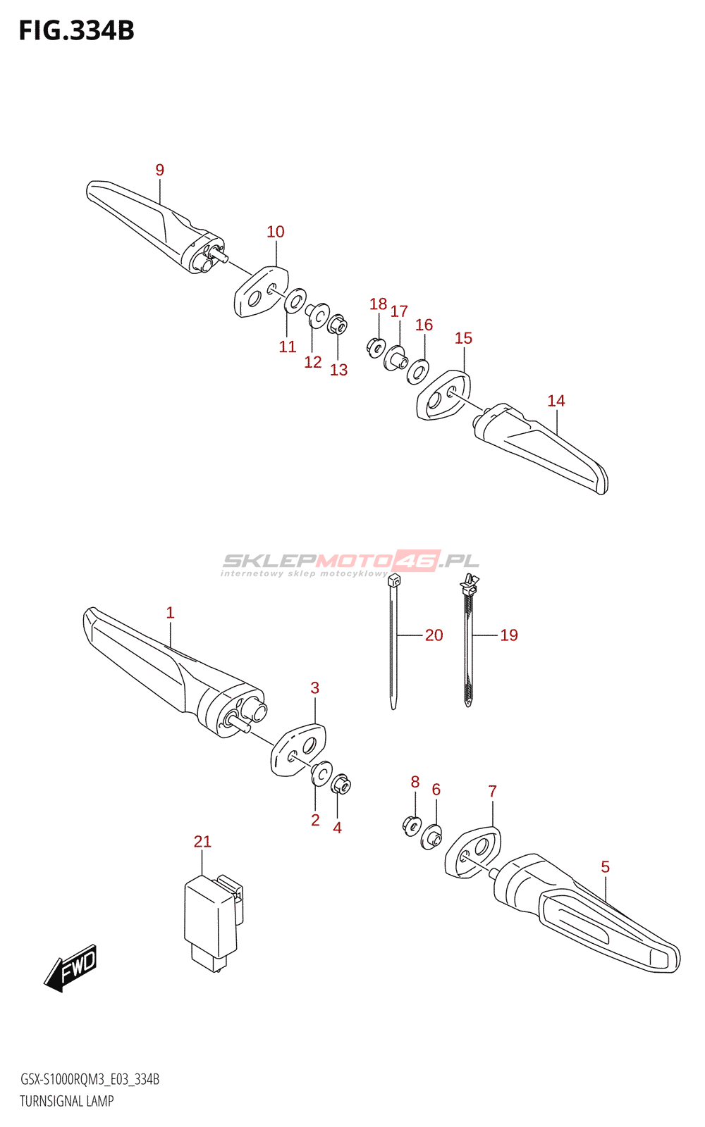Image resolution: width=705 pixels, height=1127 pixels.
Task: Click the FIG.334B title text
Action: [x=76, y=31]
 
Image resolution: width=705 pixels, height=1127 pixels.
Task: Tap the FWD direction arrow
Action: [x=71, y=967]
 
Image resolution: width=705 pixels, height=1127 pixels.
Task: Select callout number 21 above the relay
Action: [x=202, y=841]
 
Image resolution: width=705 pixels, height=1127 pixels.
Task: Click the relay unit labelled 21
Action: [x=210, y=920]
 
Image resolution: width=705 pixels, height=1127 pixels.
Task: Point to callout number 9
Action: [x=160, y=170]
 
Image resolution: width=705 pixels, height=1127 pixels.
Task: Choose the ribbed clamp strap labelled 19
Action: [x=468, y=641]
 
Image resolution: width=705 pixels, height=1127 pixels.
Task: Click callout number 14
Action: [x=556, y=401]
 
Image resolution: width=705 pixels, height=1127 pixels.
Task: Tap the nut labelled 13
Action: [x=337, y=325]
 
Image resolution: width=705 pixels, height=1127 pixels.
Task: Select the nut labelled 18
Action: [x=376, y=347]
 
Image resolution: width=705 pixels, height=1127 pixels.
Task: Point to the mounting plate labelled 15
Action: [x=444, y=395]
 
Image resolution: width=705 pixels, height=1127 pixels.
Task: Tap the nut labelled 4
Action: [x=341, y=784]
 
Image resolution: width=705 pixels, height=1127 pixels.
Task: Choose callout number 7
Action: [x=492, y=791]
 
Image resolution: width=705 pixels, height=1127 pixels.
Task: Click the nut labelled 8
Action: [x=412, y=823]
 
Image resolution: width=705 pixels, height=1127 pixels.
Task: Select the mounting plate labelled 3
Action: [x=299, y=750]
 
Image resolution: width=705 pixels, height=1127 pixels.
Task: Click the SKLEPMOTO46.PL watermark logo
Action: [x=350, y=563]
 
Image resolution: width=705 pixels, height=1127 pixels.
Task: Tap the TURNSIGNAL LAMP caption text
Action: [x=67, y=1101]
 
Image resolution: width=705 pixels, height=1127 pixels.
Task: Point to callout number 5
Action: [x=605, y=867]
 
